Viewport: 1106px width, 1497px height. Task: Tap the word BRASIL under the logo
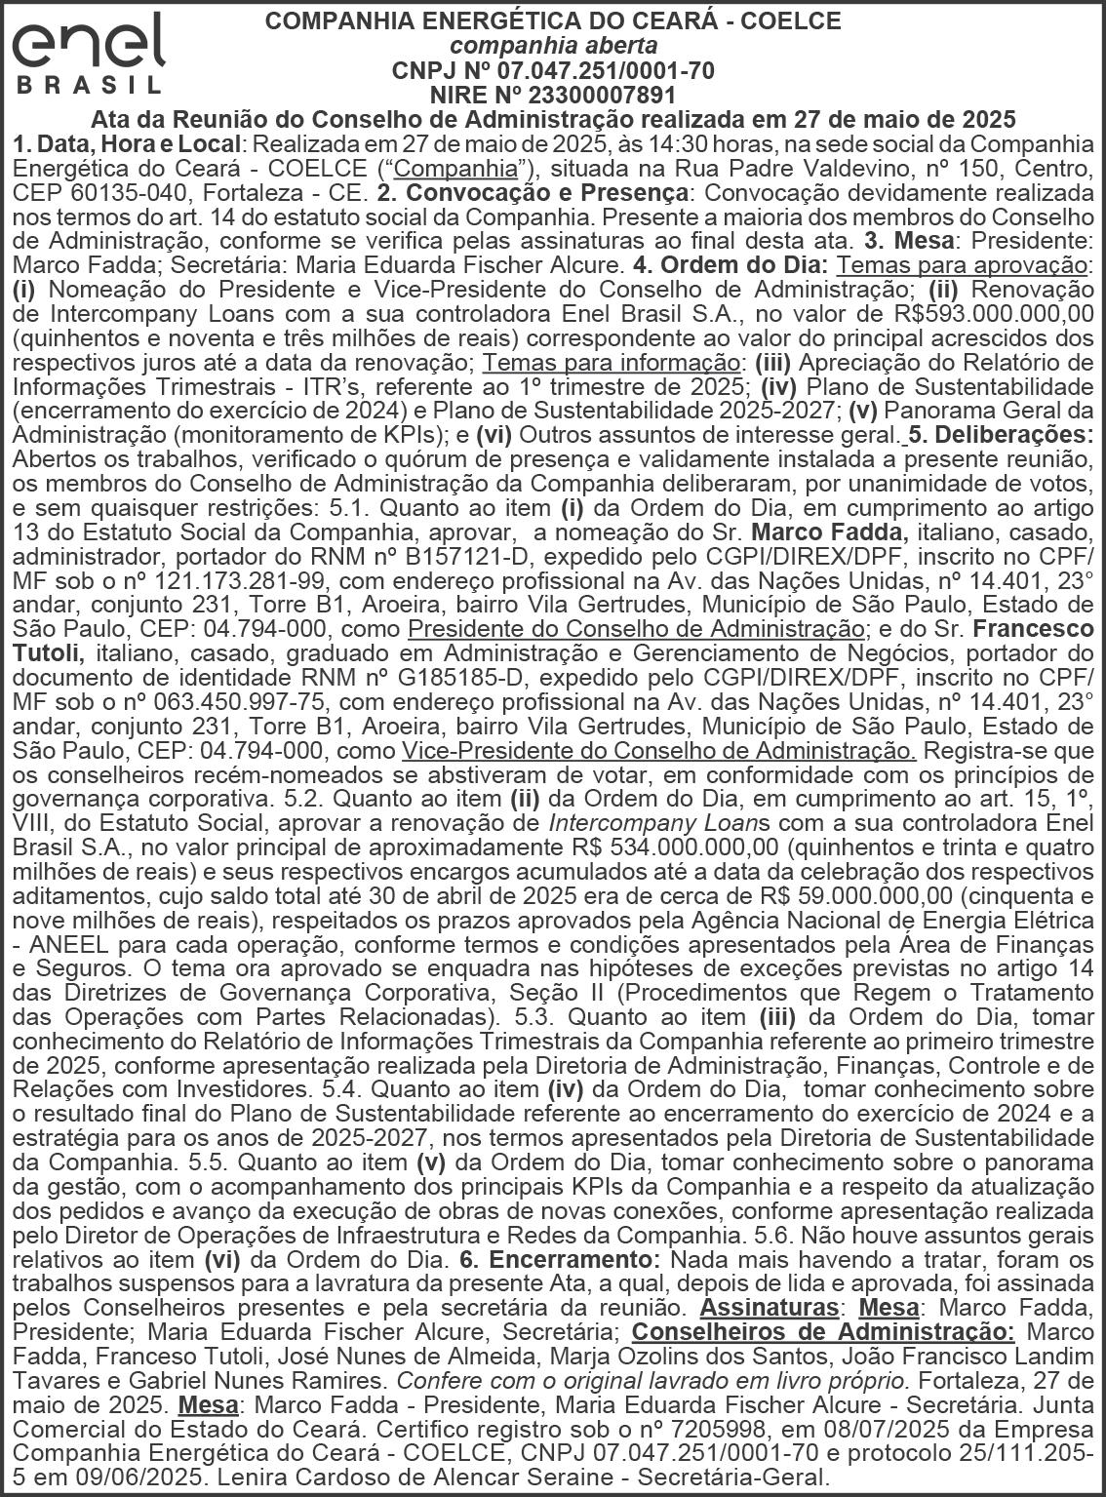(x=90, y=85)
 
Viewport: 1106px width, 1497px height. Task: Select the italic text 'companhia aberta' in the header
(x=553, y=46)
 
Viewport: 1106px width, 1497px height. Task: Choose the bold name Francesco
(x=1033, y=629)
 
